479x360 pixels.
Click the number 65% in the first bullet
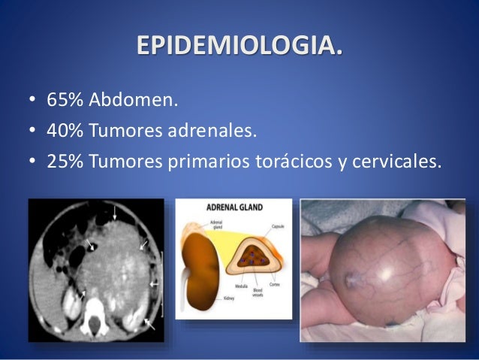pos(66,99)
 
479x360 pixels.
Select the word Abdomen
pos(136,99)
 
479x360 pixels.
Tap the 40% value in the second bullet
pos(66,132)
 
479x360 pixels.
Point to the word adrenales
pos(212,132)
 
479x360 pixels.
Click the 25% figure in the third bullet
pos(66,164)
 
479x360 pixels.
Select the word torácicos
pos(297,164)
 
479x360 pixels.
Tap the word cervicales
pos(390,164)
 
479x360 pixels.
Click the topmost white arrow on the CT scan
pos(114,214)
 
